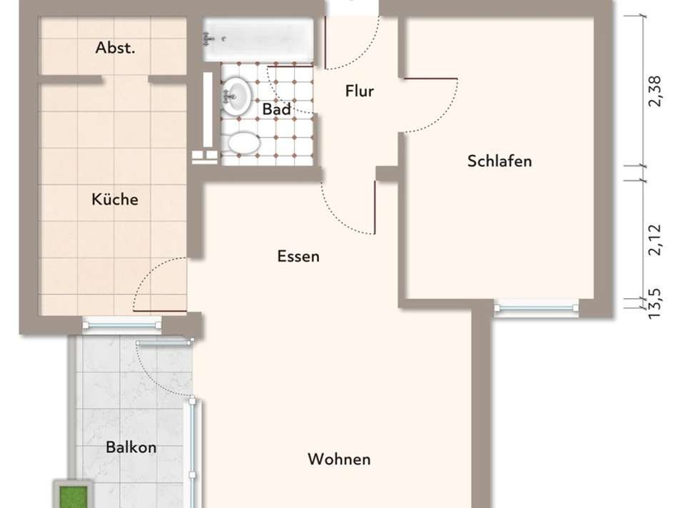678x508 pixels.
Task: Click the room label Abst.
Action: click(x=116, y=49)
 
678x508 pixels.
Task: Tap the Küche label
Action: click(x=115, y=200)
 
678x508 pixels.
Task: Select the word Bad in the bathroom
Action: click(x=276, y=110)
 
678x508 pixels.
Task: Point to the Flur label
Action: click(x=359, y=91)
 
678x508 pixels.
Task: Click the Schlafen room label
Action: click(x=500, y=161)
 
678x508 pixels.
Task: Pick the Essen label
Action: click(x=298, y=256)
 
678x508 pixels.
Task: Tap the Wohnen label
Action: click(x=339, y=459)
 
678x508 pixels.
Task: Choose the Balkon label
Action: click(x=131, y=448)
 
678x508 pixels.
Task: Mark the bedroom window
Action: click(x=536, y=308)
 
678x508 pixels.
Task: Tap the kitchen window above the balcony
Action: click(x=122, y=325)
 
